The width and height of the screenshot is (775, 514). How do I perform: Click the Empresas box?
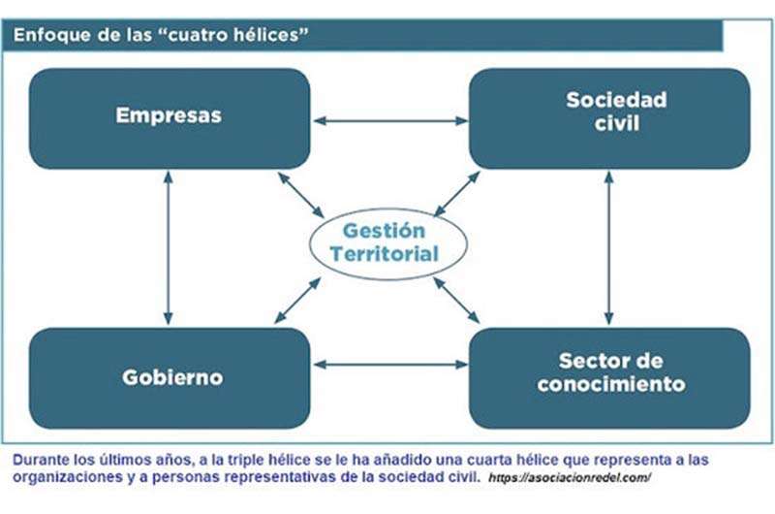[170, 118]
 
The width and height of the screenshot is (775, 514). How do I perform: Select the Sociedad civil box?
[609, 118]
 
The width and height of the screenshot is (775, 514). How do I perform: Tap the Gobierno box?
[170, 378]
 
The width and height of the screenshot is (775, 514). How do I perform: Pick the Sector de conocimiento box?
[609, 378]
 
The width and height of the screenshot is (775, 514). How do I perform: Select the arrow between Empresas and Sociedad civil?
[390, 120]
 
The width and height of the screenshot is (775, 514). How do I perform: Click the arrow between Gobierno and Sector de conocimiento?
[390, 365]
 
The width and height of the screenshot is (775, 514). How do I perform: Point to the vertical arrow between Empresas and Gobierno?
[168, 248]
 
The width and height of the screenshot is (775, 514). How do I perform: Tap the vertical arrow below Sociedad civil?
[609, 248]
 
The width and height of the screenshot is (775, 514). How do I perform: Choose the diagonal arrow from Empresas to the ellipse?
[301, 195]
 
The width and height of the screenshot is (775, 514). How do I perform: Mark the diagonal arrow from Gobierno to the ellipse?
[297, 301]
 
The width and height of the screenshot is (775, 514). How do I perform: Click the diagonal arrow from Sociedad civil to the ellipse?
[456, 194]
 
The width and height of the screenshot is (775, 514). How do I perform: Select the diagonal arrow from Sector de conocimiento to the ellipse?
[456, 301]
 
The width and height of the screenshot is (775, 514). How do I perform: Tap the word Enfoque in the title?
[45, 36]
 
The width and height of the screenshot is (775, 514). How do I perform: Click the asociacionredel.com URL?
[569, 478]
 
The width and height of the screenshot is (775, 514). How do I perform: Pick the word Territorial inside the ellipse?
[385, 254]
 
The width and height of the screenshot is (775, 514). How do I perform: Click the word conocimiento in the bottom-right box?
[611, 384]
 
